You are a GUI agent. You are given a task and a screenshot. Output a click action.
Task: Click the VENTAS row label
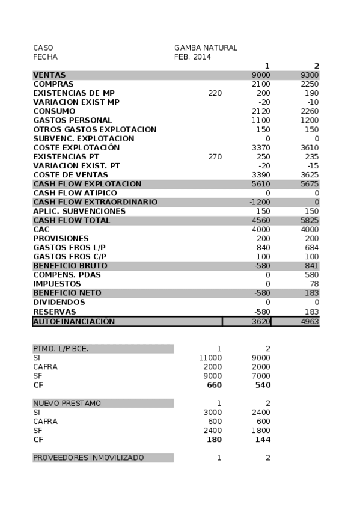[x=49, y=75]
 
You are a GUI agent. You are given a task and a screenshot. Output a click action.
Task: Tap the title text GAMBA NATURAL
[x=206, y=48]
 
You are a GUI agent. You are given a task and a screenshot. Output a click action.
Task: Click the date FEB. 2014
[x=192, y=57]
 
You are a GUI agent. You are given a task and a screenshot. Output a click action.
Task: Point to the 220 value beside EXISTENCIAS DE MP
[x=215, y=93]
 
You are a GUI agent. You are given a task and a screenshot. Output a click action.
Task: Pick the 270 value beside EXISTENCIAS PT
[x=215, y=156]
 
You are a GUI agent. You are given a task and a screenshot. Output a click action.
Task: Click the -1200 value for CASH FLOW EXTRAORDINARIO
[x=260, y=202]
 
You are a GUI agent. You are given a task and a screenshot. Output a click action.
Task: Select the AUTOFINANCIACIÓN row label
[x=73, y=321]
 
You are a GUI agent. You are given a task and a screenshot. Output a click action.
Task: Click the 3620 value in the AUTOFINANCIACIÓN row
[x=261, y=322]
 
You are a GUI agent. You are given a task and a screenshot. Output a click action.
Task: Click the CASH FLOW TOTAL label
[x=72, y=220]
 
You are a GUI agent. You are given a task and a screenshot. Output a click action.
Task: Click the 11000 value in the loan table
[x=210, y=358]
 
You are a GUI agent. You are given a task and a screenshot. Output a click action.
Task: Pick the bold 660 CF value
[x=215, y=385]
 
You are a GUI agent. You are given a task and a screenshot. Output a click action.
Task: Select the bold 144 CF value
[x=263, y=439]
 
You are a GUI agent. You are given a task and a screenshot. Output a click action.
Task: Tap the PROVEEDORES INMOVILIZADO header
[x=88, y=458]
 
